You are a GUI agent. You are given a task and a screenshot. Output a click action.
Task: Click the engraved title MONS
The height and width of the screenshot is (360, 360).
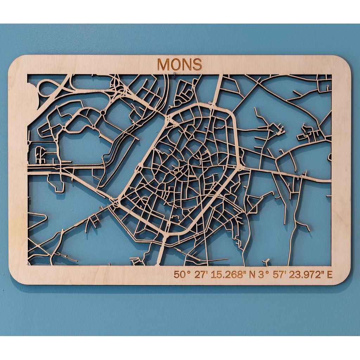(180, 64)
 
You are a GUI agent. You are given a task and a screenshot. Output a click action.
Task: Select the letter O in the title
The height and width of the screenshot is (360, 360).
(175, 64)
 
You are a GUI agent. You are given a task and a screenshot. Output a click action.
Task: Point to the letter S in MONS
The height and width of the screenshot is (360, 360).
(197, 64)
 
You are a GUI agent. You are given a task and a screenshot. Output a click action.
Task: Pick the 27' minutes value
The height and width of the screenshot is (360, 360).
(201, 275)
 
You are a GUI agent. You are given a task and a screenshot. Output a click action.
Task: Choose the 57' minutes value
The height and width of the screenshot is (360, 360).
(279, 275)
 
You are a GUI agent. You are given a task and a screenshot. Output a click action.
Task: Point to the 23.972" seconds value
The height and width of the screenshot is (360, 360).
(307, 275)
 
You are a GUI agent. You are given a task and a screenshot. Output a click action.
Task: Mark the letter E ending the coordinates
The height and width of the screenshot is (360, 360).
(329, 275)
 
